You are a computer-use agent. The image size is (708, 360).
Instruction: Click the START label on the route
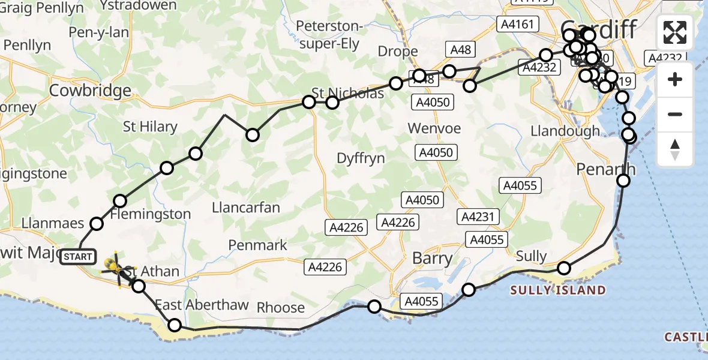tap(78, 257)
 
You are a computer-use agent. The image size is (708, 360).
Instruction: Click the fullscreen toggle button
tap(675, 32)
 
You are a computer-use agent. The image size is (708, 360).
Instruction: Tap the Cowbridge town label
tap(91, 91)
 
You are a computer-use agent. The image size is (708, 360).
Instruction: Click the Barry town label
tap(432, 259)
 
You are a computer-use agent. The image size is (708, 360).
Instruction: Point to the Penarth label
tap(605, 170)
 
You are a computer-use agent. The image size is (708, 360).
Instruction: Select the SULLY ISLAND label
tap(557, 290)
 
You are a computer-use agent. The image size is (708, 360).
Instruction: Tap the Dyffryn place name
tap(361, 158)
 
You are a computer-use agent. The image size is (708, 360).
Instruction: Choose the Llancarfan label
tap(246, 208)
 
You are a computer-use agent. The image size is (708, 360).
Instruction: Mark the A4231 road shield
tap(476, 216)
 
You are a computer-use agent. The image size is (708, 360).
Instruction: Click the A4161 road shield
tap(517, 25)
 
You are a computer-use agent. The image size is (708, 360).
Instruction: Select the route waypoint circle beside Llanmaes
tap(97, 224)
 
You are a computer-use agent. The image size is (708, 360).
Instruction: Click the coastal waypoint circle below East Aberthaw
tap(175, 325)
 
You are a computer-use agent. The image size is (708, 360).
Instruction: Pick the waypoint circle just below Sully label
tap(563, 268)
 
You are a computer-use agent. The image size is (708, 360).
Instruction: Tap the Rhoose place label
tap(281, 307)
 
